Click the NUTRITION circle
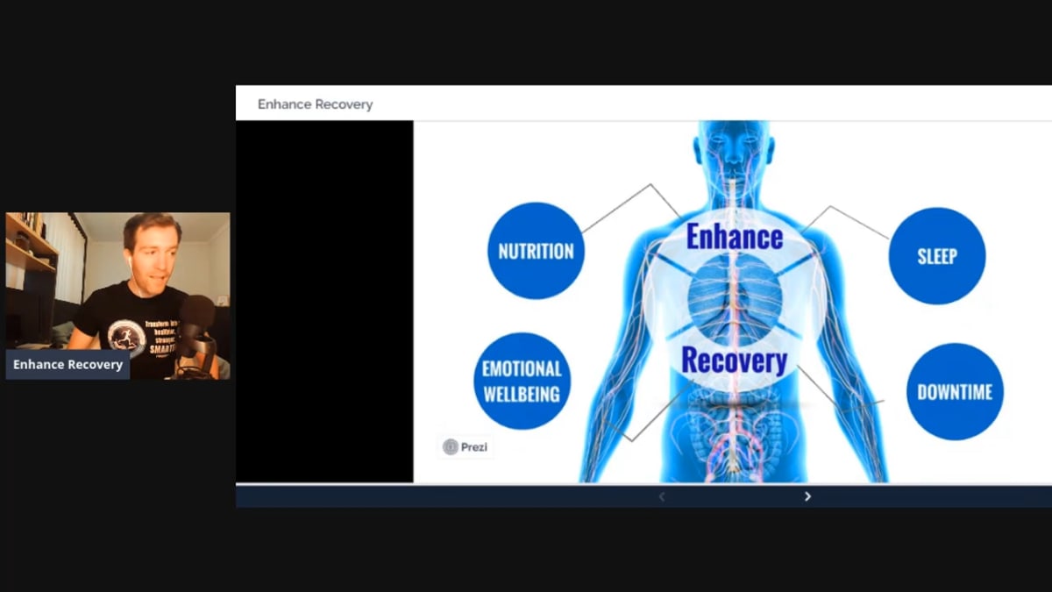536,251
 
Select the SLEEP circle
936,256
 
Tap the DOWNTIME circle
955,391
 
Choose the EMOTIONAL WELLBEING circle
521,382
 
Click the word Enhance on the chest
734,236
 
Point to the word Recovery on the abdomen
734,360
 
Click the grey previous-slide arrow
662,496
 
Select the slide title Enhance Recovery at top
315,104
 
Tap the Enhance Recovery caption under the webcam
68,364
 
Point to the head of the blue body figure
735,145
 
